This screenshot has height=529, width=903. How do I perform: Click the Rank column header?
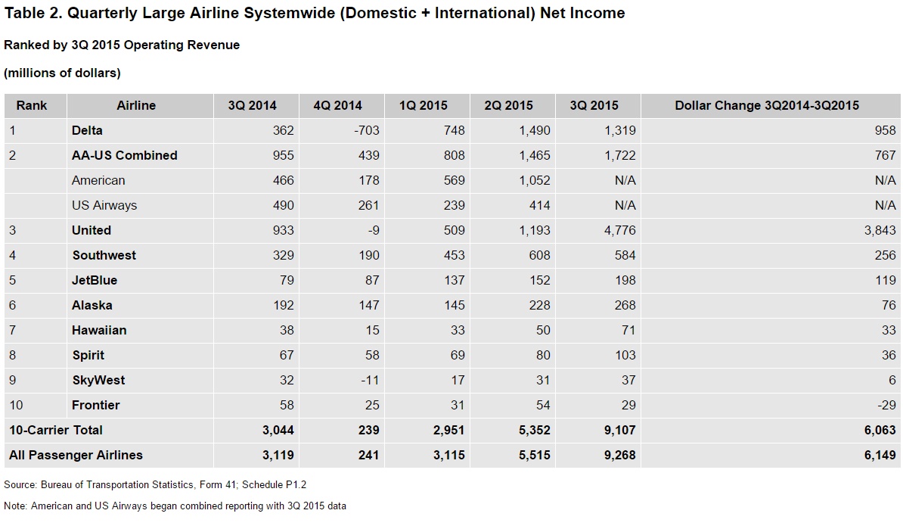click(32, 105)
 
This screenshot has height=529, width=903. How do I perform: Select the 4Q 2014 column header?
click(337, 105)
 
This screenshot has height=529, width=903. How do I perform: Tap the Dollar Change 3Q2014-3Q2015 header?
click(767, 105)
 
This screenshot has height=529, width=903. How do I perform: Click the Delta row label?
click(87, 130)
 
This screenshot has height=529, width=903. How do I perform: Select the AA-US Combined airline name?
click(124, 156)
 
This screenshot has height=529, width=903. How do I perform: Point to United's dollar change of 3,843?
click(880, 231)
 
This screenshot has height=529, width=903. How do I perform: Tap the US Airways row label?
click(104, 206)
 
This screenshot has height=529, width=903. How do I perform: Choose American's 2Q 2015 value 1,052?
click(535, 180)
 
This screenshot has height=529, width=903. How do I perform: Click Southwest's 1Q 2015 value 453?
click(454, 255)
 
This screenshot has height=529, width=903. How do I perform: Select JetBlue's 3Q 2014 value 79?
click(286, 281)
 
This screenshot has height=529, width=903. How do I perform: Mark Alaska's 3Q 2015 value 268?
click(625, 306)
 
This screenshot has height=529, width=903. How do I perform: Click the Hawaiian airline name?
click(99, 330)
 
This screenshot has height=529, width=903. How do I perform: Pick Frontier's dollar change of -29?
click(887, 405)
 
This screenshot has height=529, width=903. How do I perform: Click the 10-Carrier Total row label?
click(56, 430)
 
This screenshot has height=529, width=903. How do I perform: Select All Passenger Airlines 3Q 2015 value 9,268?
click(619, 456)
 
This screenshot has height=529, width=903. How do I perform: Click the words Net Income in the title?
click(582, 13)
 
